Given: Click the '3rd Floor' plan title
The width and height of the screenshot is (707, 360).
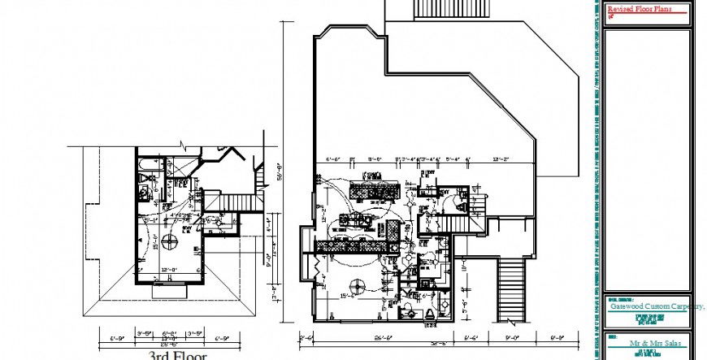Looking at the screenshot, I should tap(177, 355).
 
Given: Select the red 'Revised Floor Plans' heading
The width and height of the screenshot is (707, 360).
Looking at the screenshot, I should tap(641, 9).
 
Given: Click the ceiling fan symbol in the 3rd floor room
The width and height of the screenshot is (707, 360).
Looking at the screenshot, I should tap(169, 240).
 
